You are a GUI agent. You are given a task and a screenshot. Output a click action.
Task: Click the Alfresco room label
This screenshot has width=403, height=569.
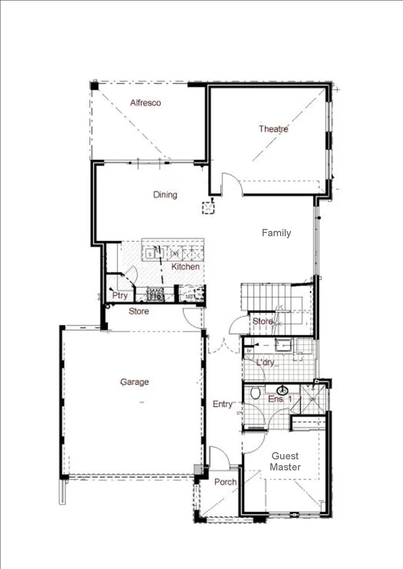tap(146, 103)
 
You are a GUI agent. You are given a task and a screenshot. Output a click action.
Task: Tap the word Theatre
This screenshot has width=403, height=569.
tap(273, 129)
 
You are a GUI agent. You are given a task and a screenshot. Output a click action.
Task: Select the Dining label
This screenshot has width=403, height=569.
tap(165, 195)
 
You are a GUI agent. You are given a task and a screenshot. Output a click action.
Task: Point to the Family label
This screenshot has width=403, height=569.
tap(276, 233)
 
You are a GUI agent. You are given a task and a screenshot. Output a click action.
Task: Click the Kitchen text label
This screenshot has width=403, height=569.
tap(185, 267)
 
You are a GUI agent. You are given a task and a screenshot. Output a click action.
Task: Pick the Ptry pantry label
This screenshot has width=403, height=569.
tap(120, 296)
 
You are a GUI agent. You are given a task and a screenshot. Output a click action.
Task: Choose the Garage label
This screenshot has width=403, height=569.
tap(135, 382)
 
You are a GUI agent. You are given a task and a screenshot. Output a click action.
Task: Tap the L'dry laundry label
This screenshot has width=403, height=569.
tap(265, 363)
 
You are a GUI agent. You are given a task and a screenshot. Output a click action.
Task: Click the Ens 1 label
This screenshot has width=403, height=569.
tap(280, 399)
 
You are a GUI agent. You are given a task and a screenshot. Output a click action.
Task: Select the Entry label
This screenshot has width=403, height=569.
tap(223, 404)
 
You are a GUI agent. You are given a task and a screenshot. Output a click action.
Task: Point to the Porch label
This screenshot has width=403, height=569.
tap(225, 482)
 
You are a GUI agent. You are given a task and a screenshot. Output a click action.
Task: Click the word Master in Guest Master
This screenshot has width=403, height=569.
tap(285, 467)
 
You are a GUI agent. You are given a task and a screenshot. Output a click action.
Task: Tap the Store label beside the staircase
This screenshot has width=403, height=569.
tap(263, 321)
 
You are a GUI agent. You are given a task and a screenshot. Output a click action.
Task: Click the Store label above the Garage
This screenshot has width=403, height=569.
tap(139, 311)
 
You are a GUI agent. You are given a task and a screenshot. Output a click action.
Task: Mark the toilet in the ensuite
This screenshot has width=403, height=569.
tap(257, 393)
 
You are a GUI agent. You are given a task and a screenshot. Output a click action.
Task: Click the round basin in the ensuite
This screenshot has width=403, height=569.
tap(283, 390)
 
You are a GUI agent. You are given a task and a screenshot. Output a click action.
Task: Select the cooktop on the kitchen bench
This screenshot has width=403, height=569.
tap(156, 294)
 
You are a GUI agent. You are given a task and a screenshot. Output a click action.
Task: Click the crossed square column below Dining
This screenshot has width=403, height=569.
tap(209, 208)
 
